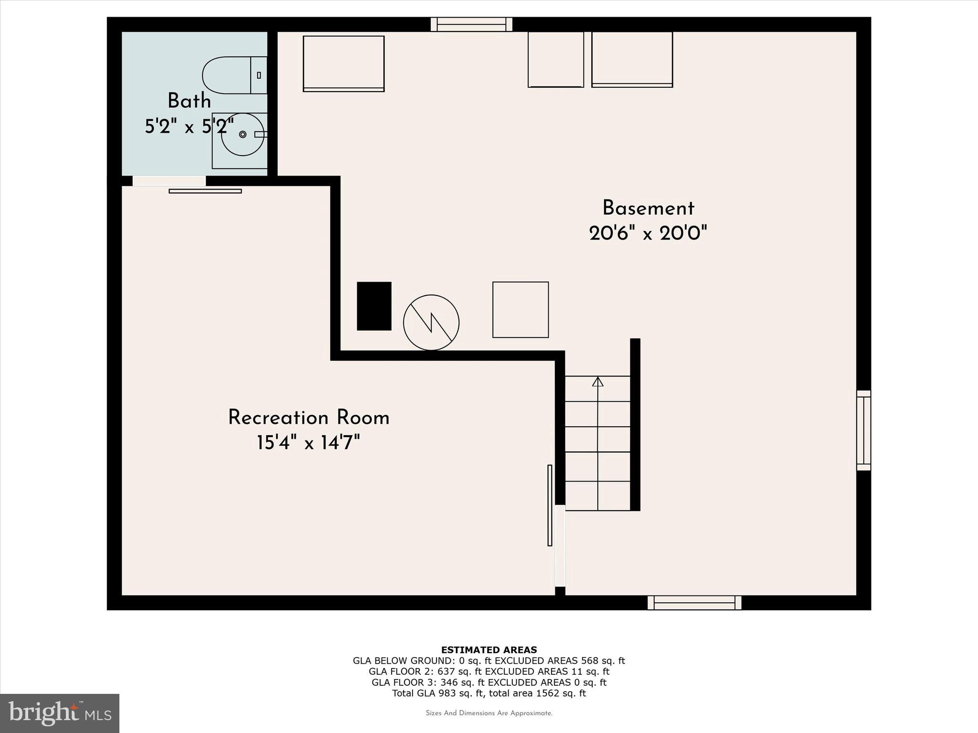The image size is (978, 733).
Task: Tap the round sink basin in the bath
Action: point(243,135)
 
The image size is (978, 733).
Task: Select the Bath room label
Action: point(189,101)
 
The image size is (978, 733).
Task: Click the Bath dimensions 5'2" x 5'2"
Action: point(189,126)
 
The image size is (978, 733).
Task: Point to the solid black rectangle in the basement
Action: point(374,306)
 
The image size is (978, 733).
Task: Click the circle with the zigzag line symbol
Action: point(431,323)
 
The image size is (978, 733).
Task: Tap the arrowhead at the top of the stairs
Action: point(597,382)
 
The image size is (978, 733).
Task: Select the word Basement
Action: point(648,209)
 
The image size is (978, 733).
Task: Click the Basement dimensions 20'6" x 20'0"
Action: point(648,234)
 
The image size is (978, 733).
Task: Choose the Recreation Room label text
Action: point(308,418)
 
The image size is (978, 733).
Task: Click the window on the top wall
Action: point(471,24)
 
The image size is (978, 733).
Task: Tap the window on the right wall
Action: point(863,430)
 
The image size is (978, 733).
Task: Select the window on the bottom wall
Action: point(694,603)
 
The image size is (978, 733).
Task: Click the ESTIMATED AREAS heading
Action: point(489,649)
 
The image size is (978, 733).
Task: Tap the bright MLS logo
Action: point(60,713)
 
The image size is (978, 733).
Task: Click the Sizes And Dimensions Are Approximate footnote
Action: point(489,713)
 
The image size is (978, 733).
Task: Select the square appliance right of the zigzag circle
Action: point(521,310)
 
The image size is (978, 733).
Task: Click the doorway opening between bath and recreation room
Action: point(169,181)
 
